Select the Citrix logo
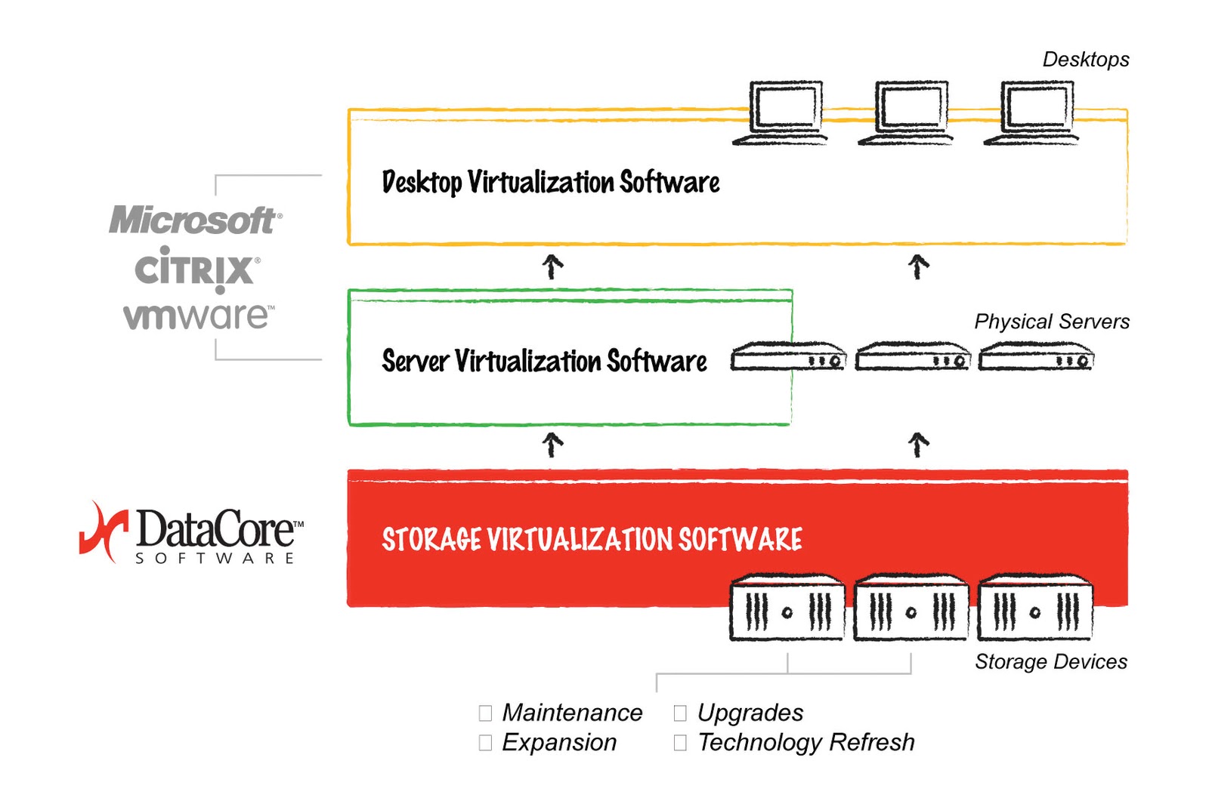point(196,270)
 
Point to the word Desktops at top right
point(1085,60)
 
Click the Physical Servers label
point(1051,322)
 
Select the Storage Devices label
point(1050,662)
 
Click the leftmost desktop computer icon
point(783,113)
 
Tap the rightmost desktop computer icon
point(1034,113)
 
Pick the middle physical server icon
point(912,356)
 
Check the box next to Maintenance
point(485,713)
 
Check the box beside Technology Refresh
point(680,743)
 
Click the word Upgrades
point(750,713)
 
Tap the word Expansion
point(559,743)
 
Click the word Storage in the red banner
point(431,540)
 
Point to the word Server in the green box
point(415,361)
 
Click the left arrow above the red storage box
point(552,445)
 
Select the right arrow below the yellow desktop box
point(918,266)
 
